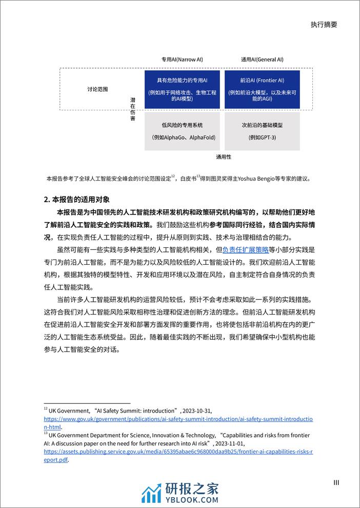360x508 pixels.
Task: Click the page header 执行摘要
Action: [x=324, y=25]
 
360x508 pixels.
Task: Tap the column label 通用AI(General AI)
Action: [x=262, y=60]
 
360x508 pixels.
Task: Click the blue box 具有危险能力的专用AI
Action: [x=182, y=88]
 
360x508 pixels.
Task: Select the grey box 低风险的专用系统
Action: [x=182, y=131]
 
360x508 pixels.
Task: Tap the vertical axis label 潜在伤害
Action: [x=133, y=108]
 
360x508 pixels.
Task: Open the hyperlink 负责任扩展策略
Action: [x=245, y=250]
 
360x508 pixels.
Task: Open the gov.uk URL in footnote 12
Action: [x=178, y=419]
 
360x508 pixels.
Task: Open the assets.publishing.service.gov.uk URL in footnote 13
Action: [x=178, y=453]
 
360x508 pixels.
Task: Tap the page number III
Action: [x=336, y=482]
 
